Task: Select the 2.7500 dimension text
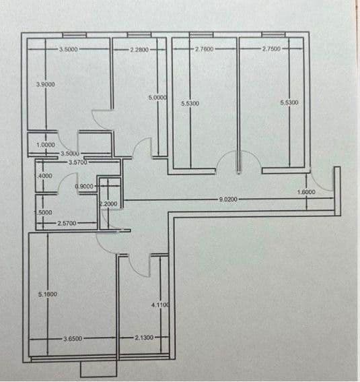pos(271,49)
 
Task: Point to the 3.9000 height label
pos(46,84)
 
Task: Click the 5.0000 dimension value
pos(157,98)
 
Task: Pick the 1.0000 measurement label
pos(46,144)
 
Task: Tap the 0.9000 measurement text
pos(84,186)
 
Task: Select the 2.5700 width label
pos(67,222)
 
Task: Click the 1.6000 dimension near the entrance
pos(306,192)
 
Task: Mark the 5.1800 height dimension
pos(47,294)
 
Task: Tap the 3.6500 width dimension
pos(73,338)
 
